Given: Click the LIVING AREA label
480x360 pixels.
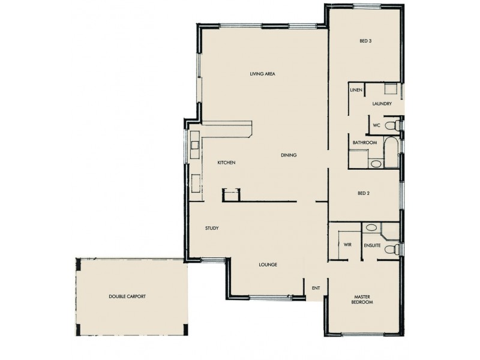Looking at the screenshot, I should click(x=262, y=74).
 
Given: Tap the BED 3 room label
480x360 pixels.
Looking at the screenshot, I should click(x=365, y=41).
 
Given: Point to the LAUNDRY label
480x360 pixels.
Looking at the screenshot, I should click(x=382, y=104).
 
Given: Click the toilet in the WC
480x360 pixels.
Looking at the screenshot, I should click(x=392, y=126).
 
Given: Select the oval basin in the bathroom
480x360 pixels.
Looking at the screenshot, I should click(x=376, y=163).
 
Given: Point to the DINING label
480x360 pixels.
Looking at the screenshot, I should click(x=289, y=155).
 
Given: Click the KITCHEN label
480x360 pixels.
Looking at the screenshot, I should click(x=226, y=163).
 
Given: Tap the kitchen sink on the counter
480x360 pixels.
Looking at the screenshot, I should click(x=196, y=145).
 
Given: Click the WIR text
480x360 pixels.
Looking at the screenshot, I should click(x=347, y=245).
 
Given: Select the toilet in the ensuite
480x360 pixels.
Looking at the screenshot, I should click(x=391, y=249).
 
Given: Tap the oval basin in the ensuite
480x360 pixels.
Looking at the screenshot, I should click(x=371, y=228).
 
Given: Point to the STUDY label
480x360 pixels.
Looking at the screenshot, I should click(x=211, y=228).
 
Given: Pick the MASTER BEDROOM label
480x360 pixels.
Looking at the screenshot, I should click(x=364, y=299).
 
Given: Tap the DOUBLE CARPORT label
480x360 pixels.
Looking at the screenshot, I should click(x=127, y=296).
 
